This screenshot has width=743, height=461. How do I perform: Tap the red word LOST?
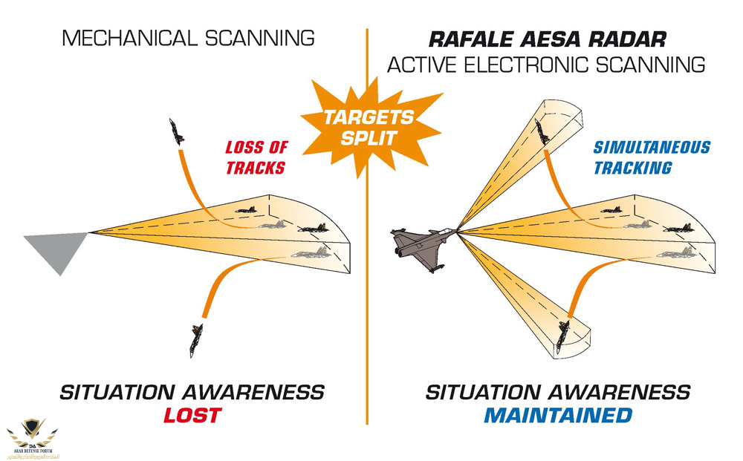point(192,415)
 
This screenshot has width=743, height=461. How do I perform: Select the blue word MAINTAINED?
point(558,415)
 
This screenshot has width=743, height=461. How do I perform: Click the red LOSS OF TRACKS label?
point(256,157)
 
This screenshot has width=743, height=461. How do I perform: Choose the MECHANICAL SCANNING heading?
point(188,37)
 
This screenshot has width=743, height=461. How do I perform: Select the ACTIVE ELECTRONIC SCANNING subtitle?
point(545,65)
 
